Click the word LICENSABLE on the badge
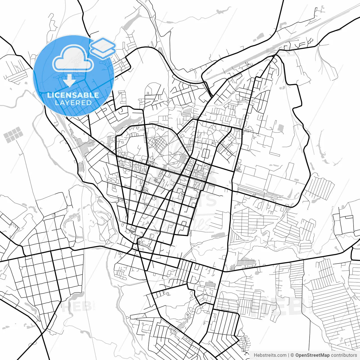point(73,95)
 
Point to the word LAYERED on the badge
point(73,103)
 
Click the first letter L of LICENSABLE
point(49,95)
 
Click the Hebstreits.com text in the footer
point(270,355)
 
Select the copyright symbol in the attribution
point(292,355)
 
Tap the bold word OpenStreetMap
point(312,355)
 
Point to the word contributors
point(344,355)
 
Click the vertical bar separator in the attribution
point(289,355)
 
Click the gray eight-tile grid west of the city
point(13,134)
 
